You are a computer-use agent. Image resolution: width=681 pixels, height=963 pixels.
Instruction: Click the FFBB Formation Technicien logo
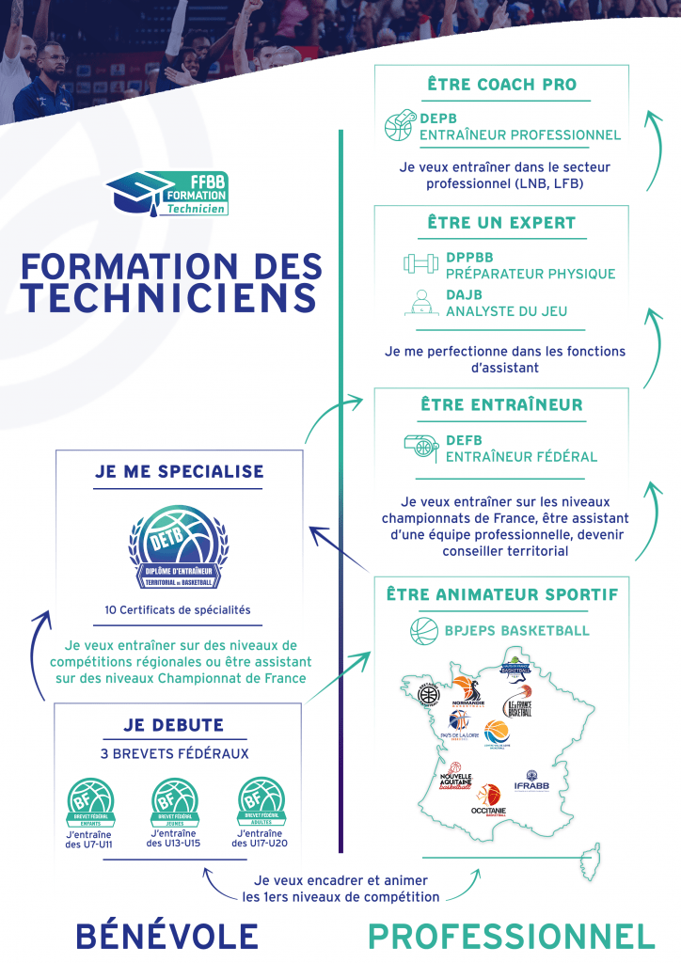point(166,195)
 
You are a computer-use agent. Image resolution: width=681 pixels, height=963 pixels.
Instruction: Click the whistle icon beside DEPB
point(399,126)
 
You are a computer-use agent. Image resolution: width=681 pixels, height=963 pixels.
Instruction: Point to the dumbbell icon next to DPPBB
point(421,264)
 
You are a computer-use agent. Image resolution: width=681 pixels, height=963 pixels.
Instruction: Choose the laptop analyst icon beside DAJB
point(421,302)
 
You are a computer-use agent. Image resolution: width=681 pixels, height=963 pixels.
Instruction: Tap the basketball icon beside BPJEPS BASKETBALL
point(424,630)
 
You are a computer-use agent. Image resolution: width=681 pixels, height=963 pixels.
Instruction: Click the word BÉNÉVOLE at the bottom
point(166,936)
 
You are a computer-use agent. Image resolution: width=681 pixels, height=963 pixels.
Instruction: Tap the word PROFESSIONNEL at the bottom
point(511,936)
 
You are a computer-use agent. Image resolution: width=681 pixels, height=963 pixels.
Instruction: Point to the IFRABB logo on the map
point(531,781)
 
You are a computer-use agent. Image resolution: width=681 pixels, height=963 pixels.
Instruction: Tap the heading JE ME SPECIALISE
point(179,471)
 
